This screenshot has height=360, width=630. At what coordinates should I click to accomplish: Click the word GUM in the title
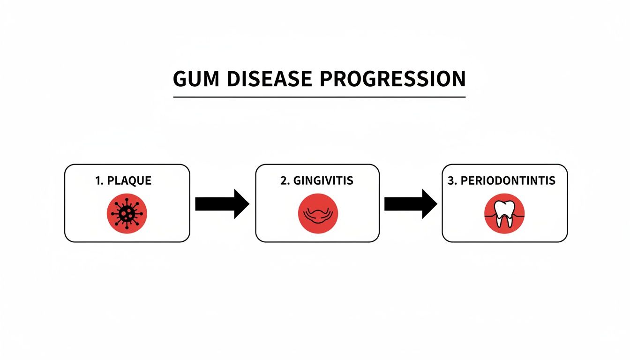click(x=193, y=79)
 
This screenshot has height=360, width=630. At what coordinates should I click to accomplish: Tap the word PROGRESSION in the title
click(x=393, y=79)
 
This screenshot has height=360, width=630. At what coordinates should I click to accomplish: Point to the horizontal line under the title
click(x=319, y=97)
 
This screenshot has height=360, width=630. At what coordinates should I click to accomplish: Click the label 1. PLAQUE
click(x=123, y=181)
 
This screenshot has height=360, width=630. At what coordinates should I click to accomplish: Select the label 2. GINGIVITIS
click(x=317, y=181)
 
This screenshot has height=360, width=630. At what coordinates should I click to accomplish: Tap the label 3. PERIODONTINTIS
click(x=502, y=181)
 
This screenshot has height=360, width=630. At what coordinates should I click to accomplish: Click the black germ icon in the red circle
click(x=127, y=213)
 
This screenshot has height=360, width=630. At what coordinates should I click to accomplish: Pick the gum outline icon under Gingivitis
click(x=318, y=214)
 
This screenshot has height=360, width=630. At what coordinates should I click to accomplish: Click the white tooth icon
click(x=504, y=213)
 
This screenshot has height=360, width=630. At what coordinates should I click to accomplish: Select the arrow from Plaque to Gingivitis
click(x=221, y=204)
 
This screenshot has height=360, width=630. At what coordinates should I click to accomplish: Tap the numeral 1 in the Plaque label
click(x=98, y=181)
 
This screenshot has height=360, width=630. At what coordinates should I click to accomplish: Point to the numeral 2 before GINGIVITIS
click(x=283, y=181)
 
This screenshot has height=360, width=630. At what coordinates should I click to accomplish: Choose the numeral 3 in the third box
click(x=451, y=181)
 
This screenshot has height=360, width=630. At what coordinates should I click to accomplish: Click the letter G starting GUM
click(x=180, y=79)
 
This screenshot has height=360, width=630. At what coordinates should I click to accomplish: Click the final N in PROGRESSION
click(x=458, y=79)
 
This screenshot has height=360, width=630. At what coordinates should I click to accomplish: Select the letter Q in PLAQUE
click(x=132, y=181)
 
